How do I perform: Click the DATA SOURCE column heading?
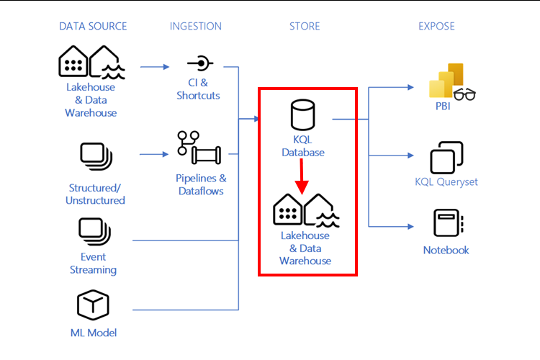[x=93, y=27]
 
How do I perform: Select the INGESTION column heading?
[x=196, y=27]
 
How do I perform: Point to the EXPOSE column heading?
[x=436, y=27]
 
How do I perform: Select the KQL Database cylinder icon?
[x=303, y=116]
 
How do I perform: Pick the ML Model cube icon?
[x=93, y=305]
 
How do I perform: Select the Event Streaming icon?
[x=93, y=232]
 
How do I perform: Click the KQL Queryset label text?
[x=446, y=182]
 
